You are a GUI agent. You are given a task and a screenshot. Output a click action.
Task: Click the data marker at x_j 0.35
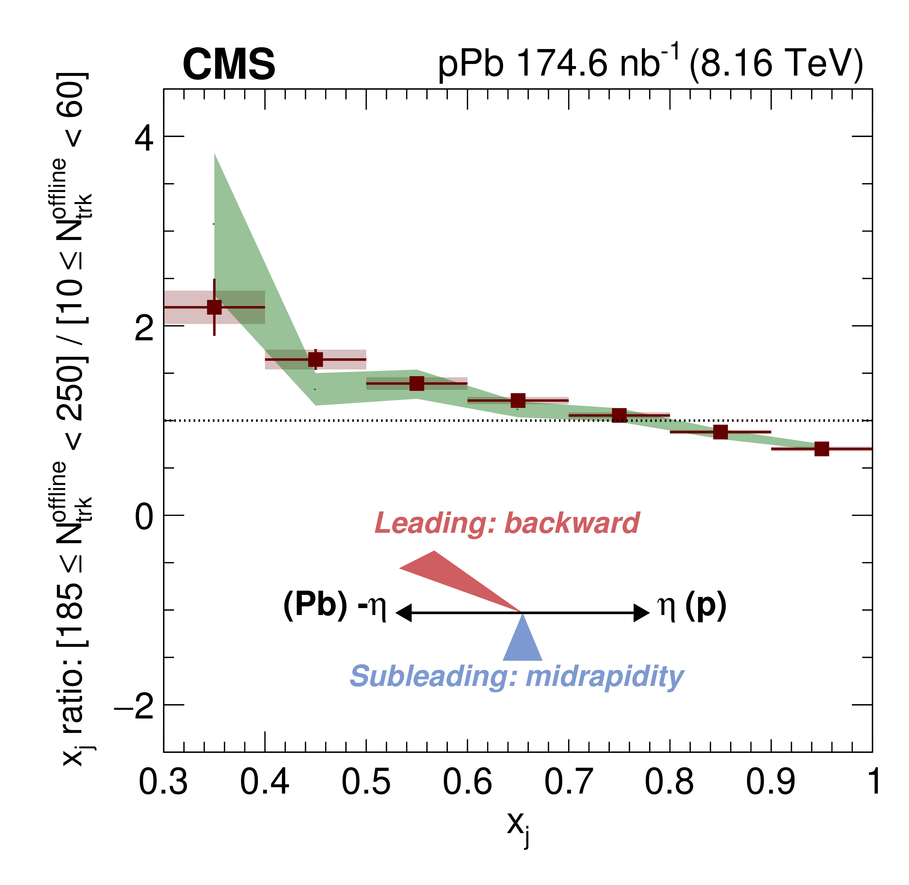(x=214, y=307)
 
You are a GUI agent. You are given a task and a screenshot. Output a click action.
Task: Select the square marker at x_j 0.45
(x=316, y=359)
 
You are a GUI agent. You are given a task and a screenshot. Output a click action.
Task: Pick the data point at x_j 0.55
(x=417, y=383)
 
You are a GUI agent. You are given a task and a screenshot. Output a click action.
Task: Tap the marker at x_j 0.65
(x=518, y=400)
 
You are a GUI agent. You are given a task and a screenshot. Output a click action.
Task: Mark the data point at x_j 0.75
(x=619, y=415)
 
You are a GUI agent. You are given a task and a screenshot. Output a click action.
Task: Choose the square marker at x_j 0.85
(x=720, y=432)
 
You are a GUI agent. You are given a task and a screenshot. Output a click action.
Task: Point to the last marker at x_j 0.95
(x=822, y=449)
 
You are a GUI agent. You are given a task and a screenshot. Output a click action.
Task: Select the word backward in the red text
(x=571, y=523)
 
